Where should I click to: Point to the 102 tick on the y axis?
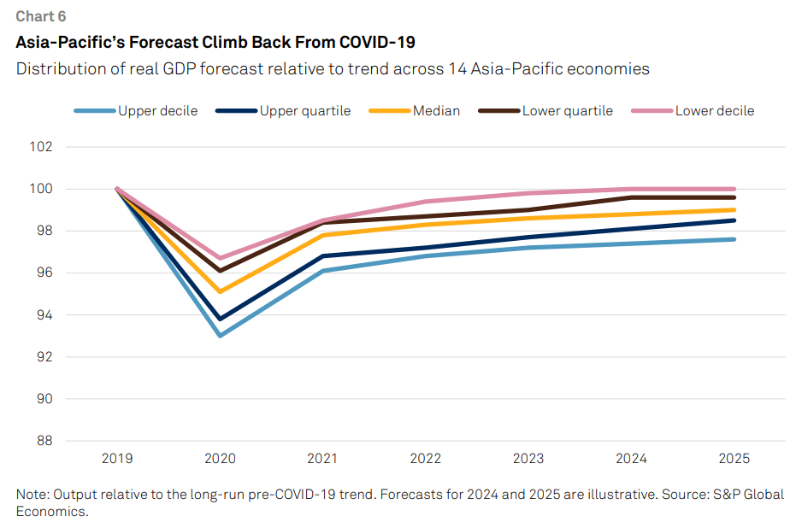[41, 147]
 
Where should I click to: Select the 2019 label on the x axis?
[117, 459]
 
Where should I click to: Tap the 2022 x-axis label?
[426, 459]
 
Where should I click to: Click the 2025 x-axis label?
[734, 459]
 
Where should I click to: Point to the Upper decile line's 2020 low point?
[220, 336]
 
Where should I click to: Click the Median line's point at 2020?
[220, 291]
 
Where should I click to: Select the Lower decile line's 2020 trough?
[220, 258]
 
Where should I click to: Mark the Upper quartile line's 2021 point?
[323, 255]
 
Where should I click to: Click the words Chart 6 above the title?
[40, 16]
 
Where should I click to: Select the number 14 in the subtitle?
[456, 69]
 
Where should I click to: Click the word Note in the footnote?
[32, 495]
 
